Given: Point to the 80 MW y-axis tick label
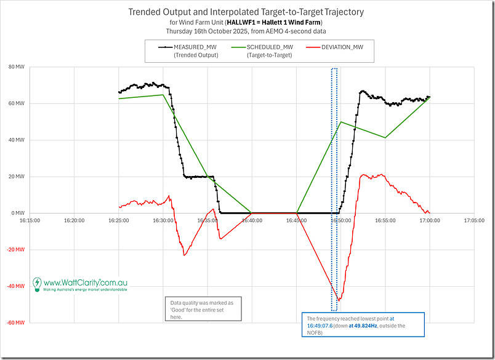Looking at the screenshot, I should [16, 67].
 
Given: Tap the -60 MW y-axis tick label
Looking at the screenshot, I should [15, 322].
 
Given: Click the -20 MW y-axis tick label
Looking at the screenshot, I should [15, 249].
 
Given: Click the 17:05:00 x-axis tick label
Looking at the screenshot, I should [473, 220].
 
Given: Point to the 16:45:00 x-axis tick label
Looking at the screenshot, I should [296, 220].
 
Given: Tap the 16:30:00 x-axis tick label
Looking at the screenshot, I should [163, 220].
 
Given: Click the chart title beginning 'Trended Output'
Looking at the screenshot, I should [246, 12].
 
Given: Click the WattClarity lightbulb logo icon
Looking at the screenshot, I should [37, 284].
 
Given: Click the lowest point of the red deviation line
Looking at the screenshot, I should [338, 300].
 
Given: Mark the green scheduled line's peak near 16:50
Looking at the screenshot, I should [340, 122].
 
